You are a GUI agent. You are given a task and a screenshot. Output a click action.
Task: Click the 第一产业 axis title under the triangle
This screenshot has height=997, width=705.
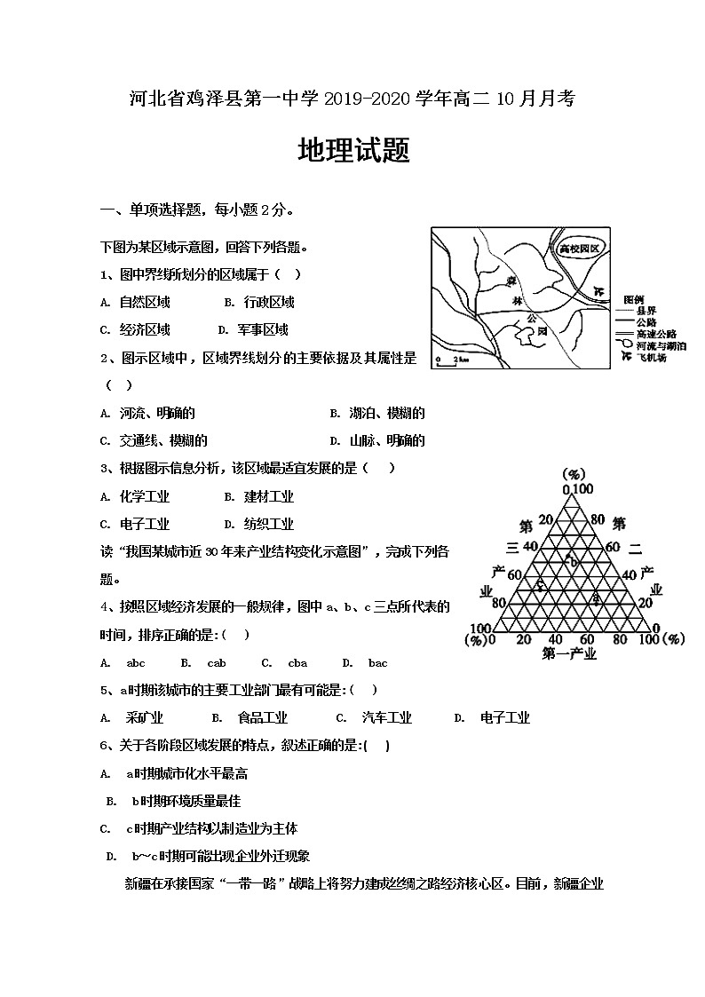[x=569, y=654]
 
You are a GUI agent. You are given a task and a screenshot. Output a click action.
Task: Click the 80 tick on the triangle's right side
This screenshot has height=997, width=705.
[x=597, y=519]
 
